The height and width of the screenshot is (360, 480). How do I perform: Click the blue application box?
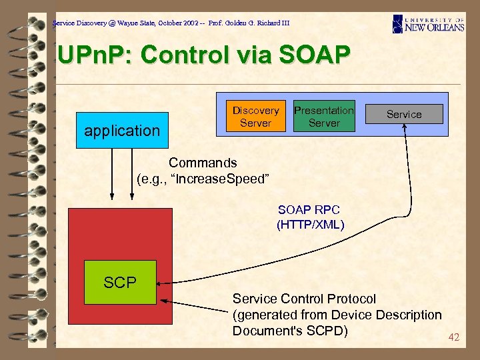[x=122, y=130]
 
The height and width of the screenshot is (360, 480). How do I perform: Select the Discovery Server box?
[x=255, y=117]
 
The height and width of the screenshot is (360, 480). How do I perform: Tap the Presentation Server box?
[x=324, y=117]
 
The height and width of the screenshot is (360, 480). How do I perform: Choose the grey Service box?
[x=404, y=114]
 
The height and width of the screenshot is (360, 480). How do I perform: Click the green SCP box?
[x=120, y=282]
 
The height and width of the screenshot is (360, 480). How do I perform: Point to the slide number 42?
[x=453, y=337]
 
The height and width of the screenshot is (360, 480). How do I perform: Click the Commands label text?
[x=203, y=163]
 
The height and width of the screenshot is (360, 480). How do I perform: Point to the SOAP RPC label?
[x=309, y=211]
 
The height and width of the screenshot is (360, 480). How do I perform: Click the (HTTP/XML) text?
[x=310, y=225]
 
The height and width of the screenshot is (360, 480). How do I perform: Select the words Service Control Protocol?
[x=304, y=299]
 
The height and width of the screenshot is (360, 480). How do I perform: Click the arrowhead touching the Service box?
[x=405, y=130]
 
